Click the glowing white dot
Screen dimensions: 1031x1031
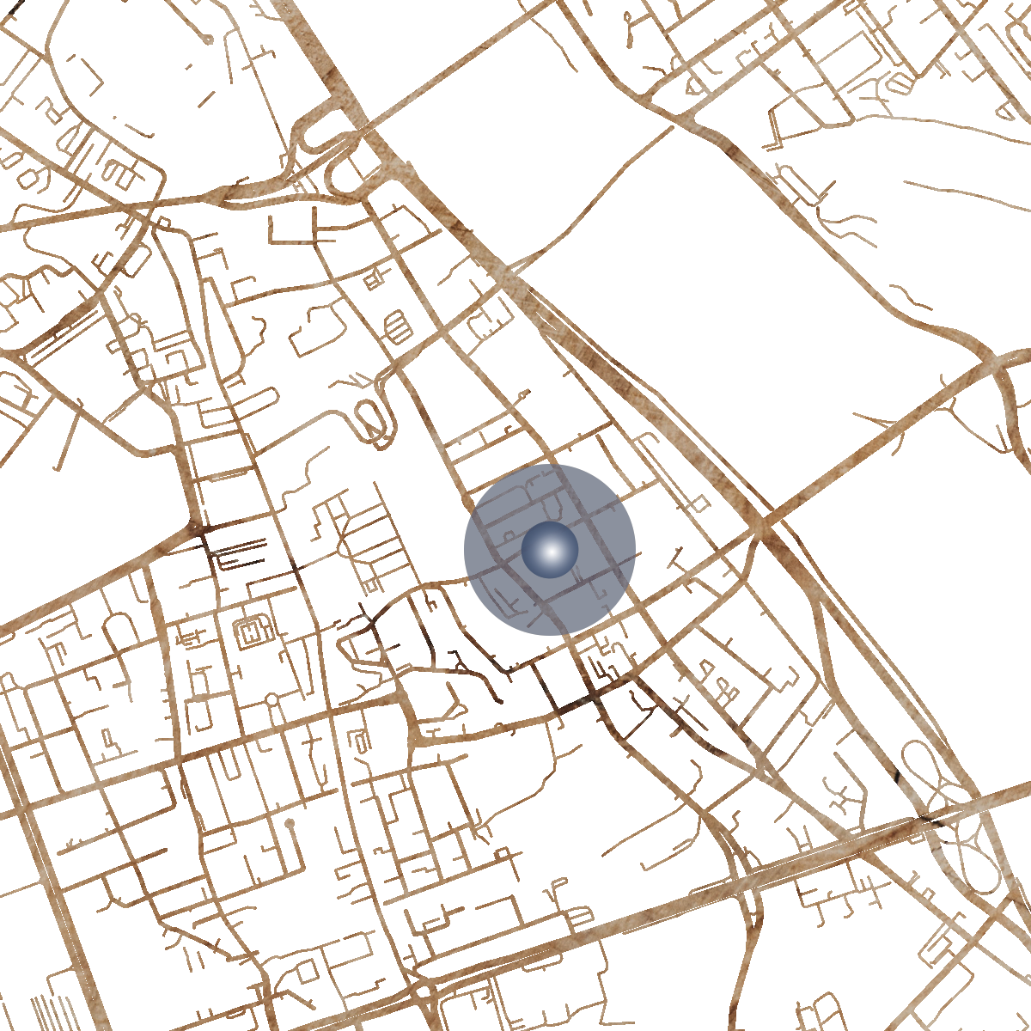(x=550, y=550)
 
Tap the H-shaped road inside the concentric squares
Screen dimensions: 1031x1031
(x=253, y=631)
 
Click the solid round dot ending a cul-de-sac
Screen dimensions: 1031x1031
(x=290, y=823)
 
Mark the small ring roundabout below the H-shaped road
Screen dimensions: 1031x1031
(x=271, y=700)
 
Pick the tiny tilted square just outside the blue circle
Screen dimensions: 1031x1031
(x=700, y=503)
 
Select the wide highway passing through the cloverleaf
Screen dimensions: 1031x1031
(x=859, y=838)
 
